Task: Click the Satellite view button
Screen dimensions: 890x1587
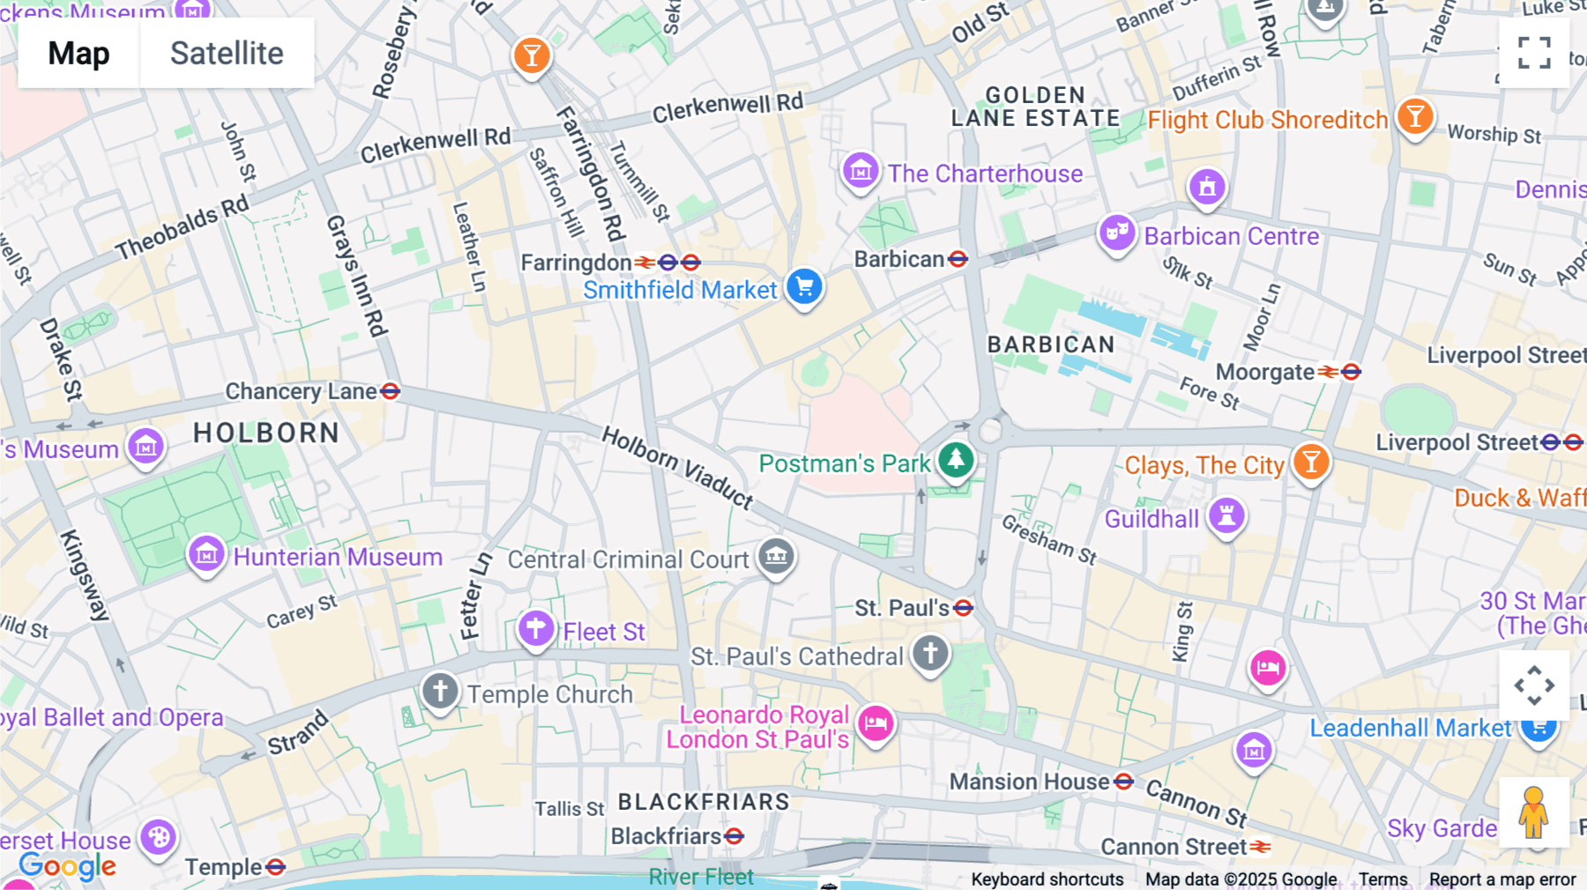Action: click(227, 53)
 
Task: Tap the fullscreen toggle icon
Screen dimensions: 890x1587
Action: click(1534, 53)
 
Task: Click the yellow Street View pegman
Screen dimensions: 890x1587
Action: click(1533, 812)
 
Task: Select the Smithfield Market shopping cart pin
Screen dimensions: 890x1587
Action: click(804, 286)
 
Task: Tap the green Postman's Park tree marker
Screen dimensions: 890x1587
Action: click(956, 459)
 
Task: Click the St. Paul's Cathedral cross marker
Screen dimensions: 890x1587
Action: click(930, 654)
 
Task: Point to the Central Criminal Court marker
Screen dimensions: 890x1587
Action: click(776, 556)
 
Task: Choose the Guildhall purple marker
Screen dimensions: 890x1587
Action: click(1226, 515)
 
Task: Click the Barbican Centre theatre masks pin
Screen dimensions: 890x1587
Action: click(1117, 233)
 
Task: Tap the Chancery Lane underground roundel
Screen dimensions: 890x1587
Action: click(390, 390)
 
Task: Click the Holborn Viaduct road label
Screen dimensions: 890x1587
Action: click(677, 467)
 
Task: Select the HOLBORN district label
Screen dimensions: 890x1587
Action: click(266, 433)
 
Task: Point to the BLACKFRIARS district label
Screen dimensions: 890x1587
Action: click(704, 802)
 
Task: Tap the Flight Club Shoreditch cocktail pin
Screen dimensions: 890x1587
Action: click(1415, 116)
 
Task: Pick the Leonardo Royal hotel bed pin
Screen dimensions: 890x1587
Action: click(875, 723)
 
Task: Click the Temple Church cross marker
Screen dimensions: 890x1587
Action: click(440, 691)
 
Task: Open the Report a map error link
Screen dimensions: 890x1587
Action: click(1501, 879)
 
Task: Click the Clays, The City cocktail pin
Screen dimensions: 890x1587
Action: click(1311, 461)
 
